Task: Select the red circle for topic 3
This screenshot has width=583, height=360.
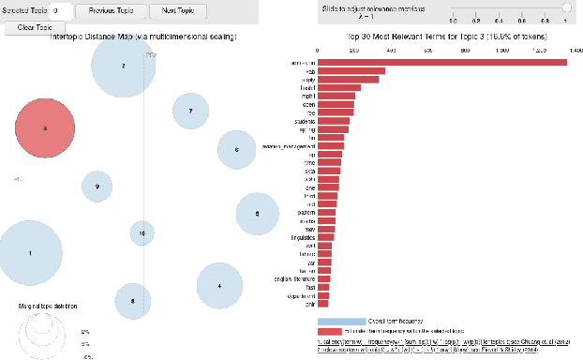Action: click(x=44, y=127)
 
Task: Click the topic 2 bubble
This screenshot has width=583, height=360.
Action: click(x=124, y=67)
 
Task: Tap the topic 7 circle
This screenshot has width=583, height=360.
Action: click(x=190, y=111)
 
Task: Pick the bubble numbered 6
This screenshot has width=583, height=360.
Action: click(x=236, y=150)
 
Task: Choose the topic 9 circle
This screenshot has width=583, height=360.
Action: click(x=97, y=187)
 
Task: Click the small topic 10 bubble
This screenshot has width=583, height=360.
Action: click(x=142, y=233)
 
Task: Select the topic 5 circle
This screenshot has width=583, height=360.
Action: click(x=256, y=214)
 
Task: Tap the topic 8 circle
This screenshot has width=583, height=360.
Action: click(x=133, y=301)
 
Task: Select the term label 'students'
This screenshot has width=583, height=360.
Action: click(x=304, y=120)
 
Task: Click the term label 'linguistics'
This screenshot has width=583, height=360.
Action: click(x=301, y=236)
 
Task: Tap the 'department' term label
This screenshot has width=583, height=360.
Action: click(x=302, y=294)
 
